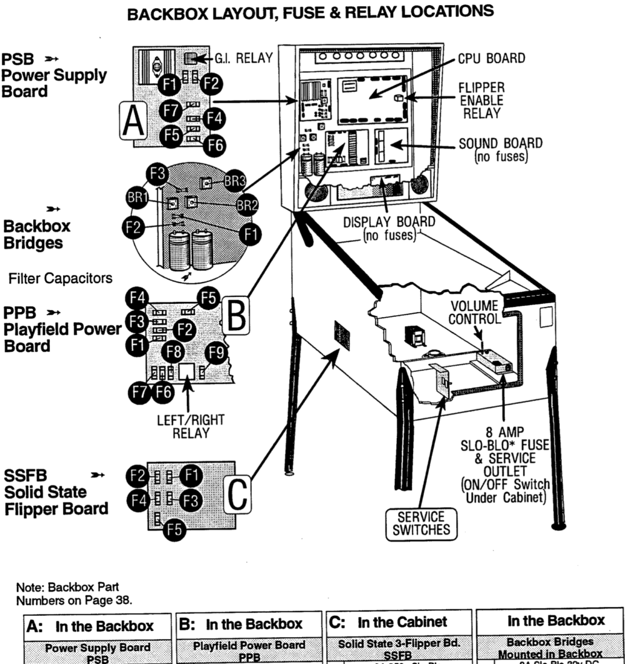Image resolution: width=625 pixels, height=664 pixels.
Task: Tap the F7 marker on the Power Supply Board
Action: click(169, 109)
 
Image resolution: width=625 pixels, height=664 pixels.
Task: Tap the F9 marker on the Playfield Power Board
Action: click(216, 355)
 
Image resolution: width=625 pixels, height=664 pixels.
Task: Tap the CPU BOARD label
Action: click(491, 58)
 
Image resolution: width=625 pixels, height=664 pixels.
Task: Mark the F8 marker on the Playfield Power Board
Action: click(173, 351)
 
